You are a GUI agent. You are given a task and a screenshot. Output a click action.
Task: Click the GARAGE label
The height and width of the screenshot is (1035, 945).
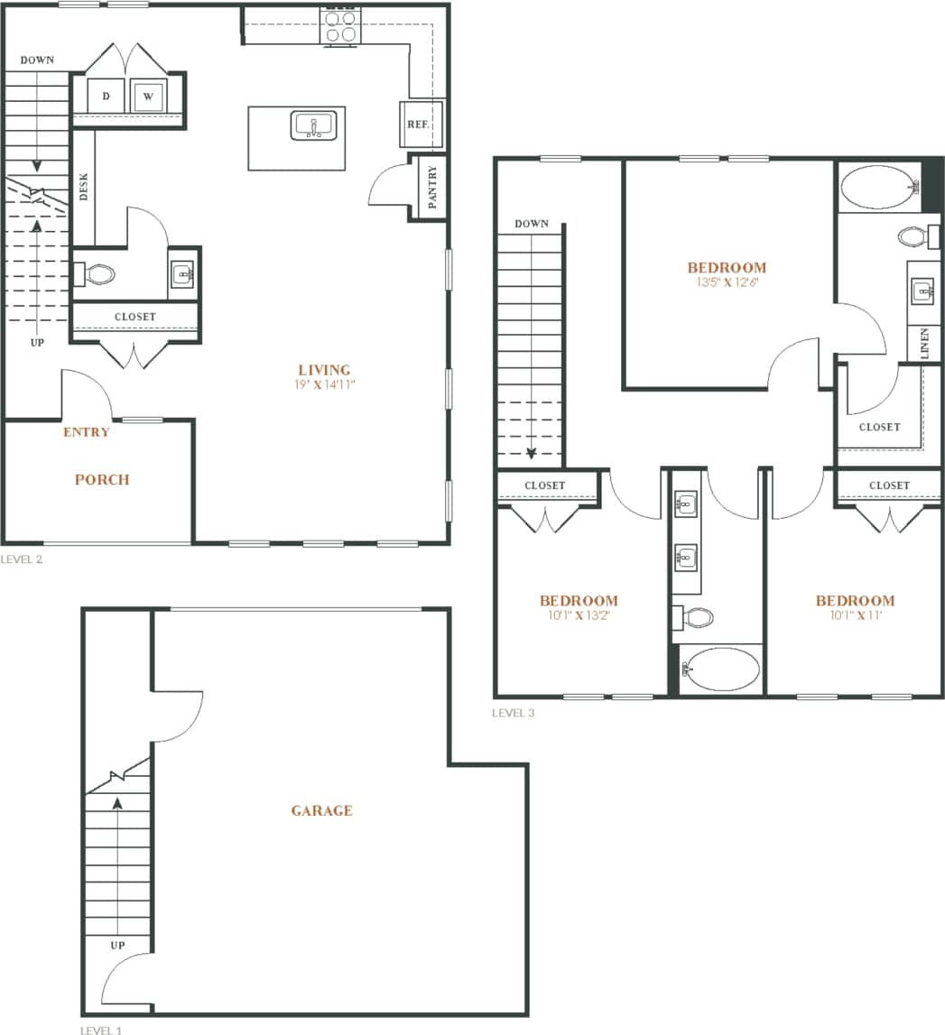(x=321, y=810)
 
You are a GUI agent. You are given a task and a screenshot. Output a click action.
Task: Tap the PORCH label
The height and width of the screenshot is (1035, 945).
(x=102, y=479)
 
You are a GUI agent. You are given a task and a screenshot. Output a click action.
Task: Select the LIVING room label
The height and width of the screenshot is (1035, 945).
(x=324, y=370)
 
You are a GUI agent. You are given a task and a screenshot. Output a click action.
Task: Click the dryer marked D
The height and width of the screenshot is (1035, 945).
(x=106, y=97)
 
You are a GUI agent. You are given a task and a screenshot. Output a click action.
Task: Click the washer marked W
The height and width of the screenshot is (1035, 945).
(x=148, y=97)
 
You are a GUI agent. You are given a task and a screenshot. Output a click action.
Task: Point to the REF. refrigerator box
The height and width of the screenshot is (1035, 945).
(x=417, y=125)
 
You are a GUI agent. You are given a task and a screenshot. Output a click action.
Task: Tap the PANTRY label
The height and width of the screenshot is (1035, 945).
(x=432, y=187)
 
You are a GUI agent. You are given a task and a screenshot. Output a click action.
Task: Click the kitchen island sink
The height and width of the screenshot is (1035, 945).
(x=313, y=125)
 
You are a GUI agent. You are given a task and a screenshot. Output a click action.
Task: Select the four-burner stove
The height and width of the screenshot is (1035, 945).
(x=340, y=26)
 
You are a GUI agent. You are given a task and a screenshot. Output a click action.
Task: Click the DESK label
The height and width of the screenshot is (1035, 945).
(x=84, y=187)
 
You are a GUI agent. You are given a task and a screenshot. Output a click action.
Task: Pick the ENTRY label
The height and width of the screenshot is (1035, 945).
(x=87, y=432)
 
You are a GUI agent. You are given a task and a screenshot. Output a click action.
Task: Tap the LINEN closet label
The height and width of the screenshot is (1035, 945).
(x=925, y=344)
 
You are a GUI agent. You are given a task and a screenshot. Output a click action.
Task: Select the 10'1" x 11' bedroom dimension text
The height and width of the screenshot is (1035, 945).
(x=855, y=615)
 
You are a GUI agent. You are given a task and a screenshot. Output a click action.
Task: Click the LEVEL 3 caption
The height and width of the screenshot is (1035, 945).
(x=513, y=713)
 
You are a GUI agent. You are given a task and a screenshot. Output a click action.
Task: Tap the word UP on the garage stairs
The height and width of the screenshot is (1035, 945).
(x=117, y=946)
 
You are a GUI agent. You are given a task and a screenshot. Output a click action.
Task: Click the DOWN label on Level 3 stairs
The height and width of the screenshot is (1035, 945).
(x=532, y=224)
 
